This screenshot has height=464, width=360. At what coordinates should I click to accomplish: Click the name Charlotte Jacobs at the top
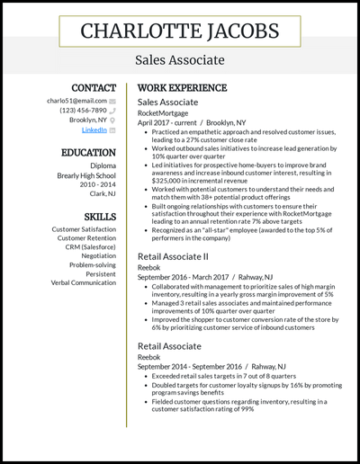click(179, 31)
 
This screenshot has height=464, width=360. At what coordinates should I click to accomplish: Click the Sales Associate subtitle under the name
click(179, 60)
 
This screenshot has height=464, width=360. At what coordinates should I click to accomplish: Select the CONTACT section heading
click(94, 88)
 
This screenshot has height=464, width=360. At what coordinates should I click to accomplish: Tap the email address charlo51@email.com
click(76, 101)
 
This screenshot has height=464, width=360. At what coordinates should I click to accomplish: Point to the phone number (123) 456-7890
click(83, 111)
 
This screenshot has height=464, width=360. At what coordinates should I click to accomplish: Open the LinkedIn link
click(94, 129)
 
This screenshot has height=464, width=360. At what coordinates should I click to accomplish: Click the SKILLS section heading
click(100, 217)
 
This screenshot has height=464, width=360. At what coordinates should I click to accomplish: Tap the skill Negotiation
click(94, 256)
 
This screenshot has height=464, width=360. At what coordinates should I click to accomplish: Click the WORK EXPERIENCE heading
click(182, 88)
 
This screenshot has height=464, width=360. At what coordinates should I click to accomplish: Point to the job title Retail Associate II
click(174, 256)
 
